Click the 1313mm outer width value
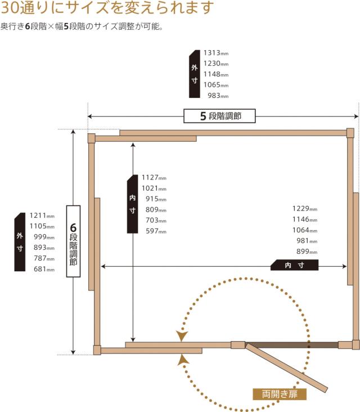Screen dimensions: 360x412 coord(216,53)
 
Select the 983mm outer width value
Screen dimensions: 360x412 coord(218,96)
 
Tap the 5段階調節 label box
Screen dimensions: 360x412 coord(219,116)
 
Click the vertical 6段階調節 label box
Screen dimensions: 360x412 coord(73,241)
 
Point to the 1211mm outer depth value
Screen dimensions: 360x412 coord(42,216)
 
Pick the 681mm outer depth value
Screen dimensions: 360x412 coord(44,269)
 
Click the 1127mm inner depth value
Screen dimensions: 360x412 coord(154,178)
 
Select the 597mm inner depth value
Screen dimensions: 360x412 coord(156,231)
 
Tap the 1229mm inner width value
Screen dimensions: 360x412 coord(305,209)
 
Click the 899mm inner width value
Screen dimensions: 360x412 coord(307,252)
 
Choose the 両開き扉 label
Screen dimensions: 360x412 coord(280,394)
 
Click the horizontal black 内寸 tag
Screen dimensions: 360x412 coord(295,265)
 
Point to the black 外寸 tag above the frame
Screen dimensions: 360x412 coord(195,74)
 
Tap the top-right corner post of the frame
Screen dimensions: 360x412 coord(350,133)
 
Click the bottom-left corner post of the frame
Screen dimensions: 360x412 coord(97,350)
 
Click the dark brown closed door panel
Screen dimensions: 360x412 coord(292,345)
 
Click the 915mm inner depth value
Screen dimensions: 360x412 coord(156,199)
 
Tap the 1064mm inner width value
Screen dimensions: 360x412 coord(305,230)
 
